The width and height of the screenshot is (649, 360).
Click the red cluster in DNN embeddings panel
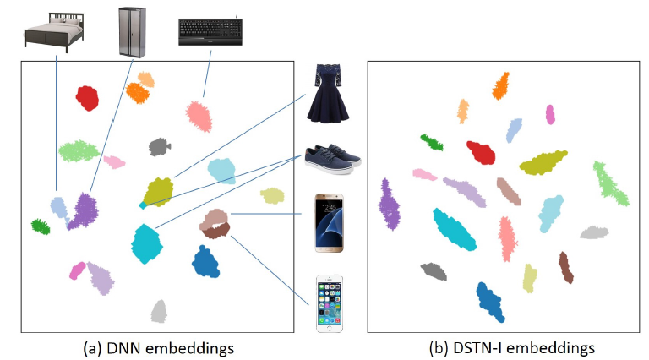86,98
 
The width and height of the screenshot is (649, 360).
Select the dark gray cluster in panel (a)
158,147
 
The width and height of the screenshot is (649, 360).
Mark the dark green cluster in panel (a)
40,226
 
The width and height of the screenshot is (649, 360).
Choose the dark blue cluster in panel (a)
205,261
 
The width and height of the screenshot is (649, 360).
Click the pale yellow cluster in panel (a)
271,195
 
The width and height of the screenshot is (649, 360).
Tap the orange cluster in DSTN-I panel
500,85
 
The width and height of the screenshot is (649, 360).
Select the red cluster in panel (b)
481,153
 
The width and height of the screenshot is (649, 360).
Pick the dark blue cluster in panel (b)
491,300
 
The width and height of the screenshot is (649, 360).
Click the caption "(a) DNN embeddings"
158,347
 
